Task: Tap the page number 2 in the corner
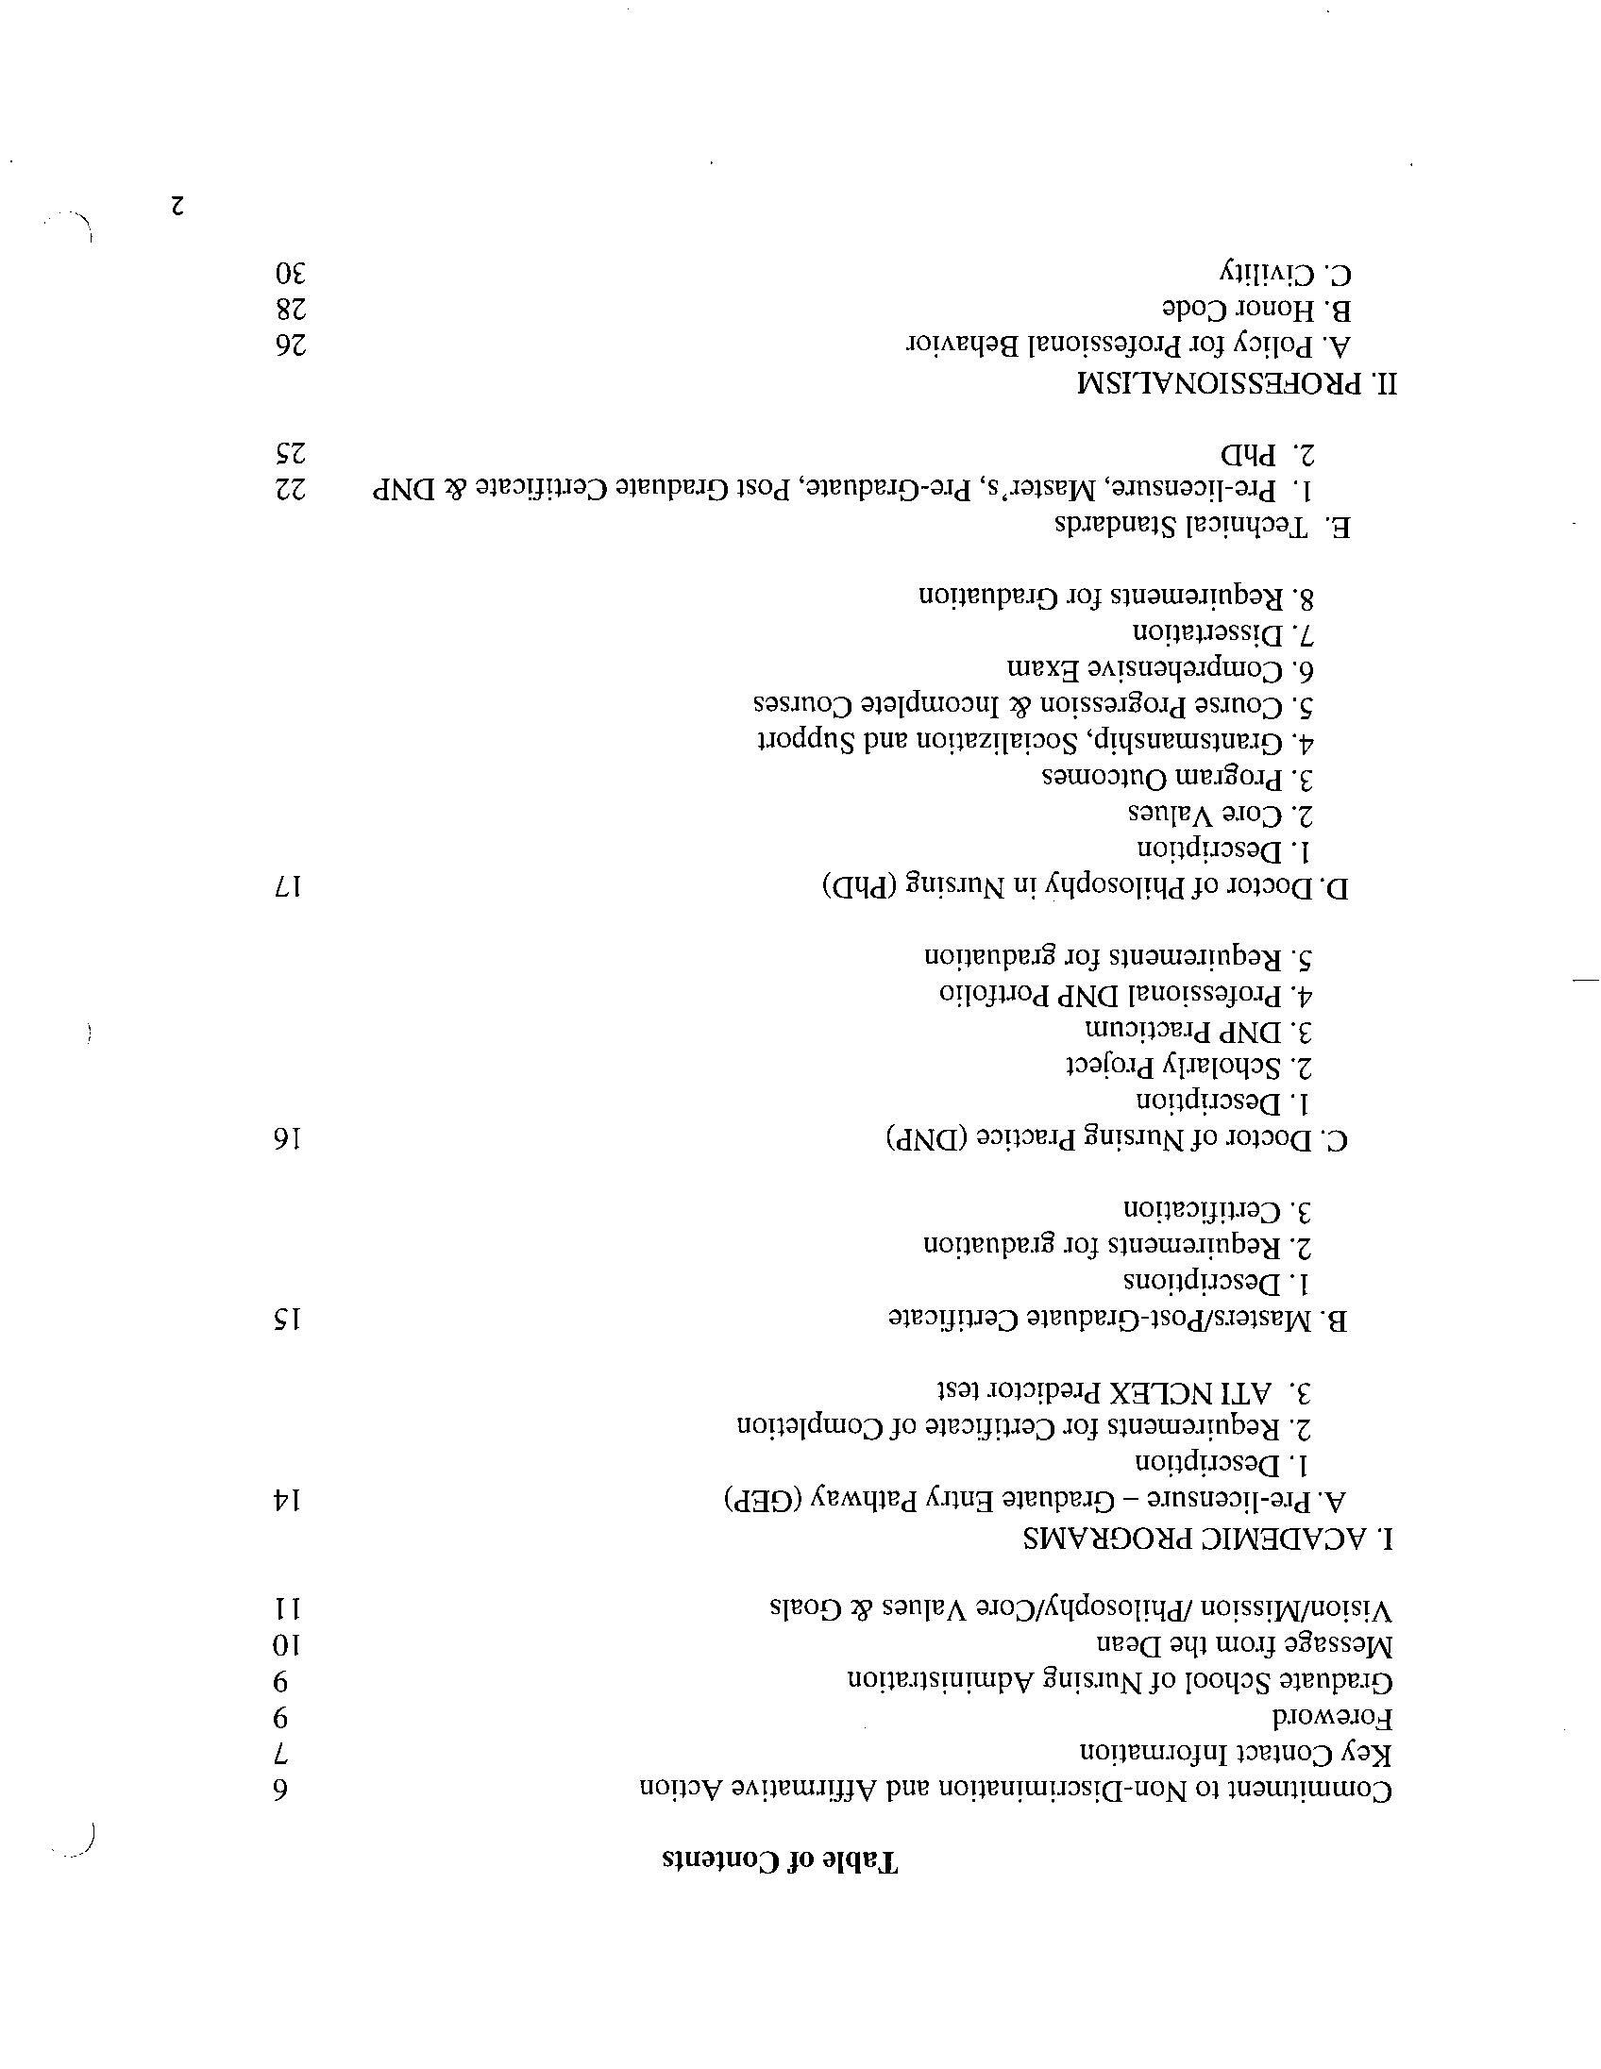point(177,206)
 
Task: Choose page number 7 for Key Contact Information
point(281,1754)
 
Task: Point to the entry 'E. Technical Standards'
point(1203,527)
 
